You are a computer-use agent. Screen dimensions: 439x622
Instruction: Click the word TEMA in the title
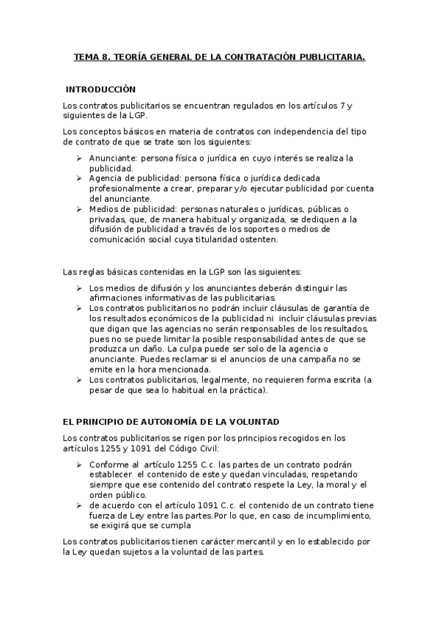click(88, 56)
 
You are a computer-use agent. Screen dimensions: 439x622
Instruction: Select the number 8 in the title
click(107, 56)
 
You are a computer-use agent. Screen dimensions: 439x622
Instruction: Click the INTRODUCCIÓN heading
click(100, 89)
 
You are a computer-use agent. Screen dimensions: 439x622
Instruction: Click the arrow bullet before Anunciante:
click(79, 158)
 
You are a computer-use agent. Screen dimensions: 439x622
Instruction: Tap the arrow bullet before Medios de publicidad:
click(79, 208)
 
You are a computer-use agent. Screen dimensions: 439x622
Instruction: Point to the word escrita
click(344, 379)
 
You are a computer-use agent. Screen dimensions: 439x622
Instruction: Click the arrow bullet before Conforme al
click(79, 464)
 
